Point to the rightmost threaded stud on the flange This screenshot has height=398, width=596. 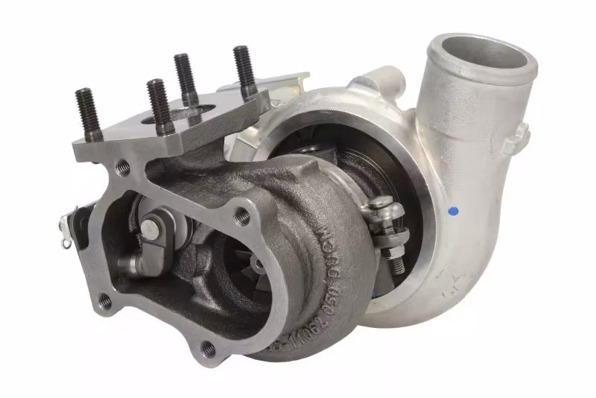coord(243,70)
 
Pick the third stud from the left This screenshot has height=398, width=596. coord(185,79)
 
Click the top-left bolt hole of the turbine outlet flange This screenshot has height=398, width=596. coord(124,167)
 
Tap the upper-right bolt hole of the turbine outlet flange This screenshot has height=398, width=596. coord(241,217)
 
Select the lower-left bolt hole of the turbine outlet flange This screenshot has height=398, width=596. coord(105,300)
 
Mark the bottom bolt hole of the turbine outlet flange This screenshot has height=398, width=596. coord(209,348)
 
